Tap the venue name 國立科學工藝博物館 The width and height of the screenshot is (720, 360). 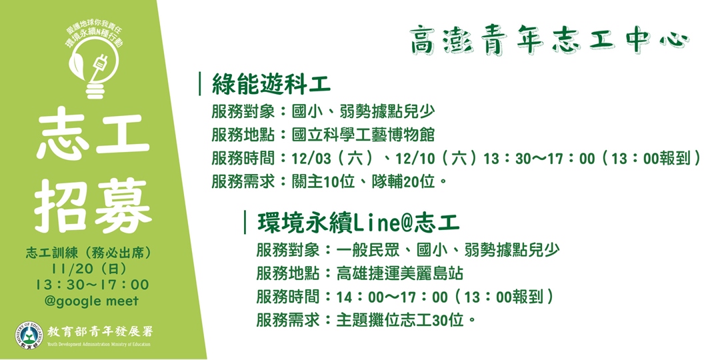(363, 135)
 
